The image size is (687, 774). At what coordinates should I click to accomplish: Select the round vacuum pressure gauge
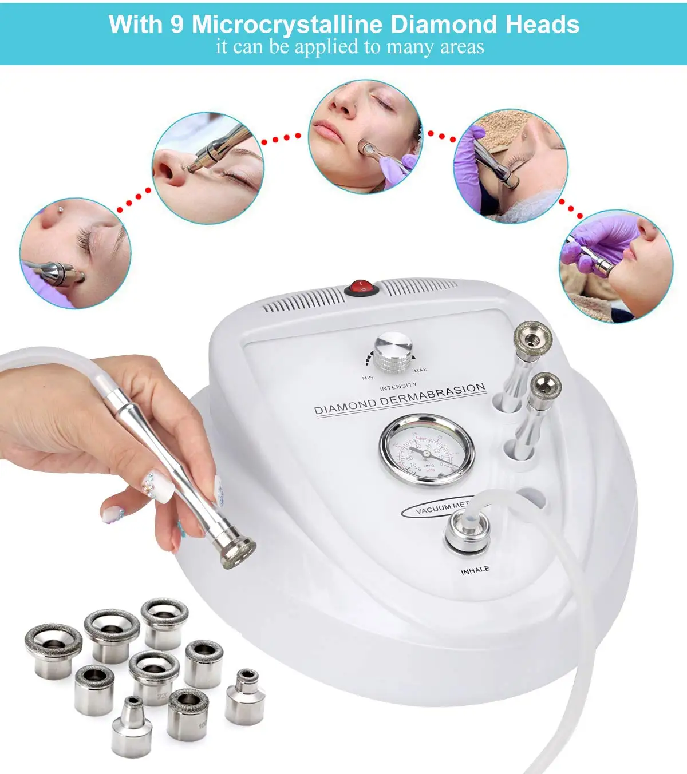pos(427,451)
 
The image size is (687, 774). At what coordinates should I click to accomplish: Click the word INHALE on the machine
pos(475,570)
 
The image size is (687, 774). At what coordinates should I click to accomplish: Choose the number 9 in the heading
pos(176,25)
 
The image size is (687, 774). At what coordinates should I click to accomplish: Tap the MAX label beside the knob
pos(420,371)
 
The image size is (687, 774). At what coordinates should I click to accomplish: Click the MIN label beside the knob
pos(368,378)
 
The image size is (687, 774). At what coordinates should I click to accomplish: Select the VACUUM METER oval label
pos(438,508)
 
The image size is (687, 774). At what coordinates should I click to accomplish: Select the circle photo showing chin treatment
pos(615,266)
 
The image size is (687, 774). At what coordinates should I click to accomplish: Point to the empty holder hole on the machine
pos(531,498)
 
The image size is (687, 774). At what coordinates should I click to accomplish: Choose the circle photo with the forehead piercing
pos(76,253)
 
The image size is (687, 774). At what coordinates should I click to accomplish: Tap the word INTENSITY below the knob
pos(398,387)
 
